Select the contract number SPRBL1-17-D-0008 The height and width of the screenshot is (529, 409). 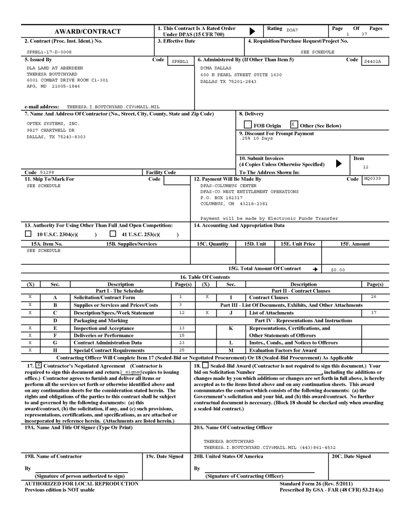(x=49, y=51)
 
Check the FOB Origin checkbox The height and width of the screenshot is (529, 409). (x=248, y=125)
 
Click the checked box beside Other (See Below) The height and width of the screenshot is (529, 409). (x=294, y=124)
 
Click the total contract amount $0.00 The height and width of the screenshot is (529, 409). (x=338, y=270)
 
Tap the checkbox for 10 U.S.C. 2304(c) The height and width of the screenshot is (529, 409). (x=28, y=233)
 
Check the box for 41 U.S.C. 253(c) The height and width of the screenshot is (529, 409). (x=113, y=233)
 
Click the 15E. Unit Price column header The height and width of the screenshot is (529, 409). (x=298, y=244)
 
